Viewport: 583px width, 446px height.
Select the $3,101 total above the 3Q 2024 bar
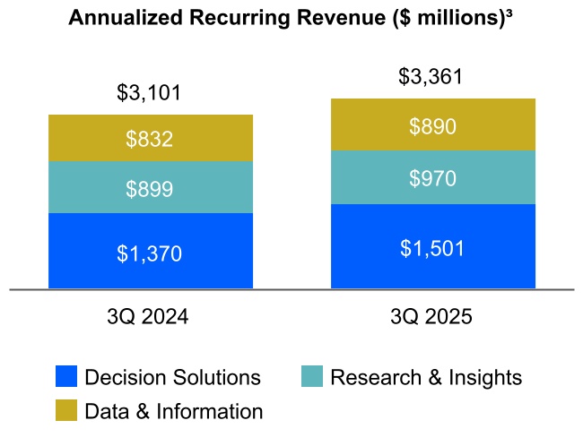tap(150, 92)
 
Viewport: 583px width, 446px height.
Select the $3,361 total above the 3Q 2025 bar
tap(432, 76)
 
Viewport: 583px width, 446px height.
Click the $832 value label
tap(150, 139)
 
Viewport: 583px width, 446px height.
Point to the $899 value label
tap(150, 189)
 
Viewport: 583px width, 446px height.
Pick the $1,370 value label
tap(150, 253)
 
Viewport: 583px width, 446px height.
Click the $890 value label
tap(432, 126)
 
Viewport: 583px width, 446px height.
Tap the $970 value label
tap(432, 178)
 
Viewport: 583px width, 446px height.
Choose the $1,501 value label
tap(432, 248)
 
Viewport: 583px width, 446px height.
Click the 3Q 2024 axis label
tap(150, 317)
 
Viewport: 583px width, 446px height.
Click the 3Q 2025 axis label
tap(432, 317)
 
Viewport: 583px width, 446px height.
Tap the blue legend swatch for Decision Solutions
tap(66, 377)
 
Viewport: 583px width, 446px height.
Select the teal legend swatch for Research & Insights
tap(312, 377)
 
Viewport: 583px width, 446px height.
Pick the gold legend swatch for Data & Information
tap(66, 411)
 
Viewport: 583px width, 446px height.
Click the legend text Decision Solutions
tap(172, 377)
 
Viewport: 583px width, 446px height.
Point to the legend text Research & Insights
tap(426, 377)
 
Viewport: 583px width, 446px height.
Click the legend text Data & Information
tap(174, 411)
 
